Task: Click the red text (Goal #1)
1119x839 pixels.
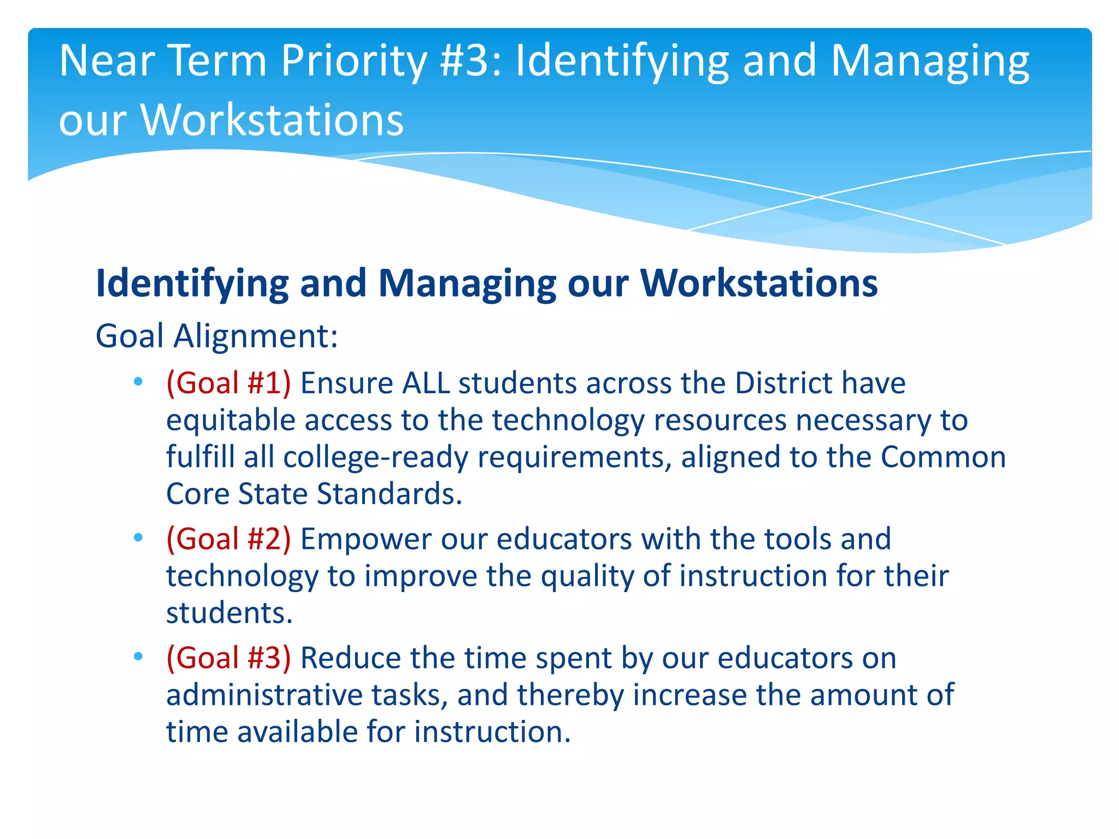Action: pyautogui.click(x=228, y=383)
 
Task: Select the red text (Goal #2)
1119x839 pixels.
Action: pyautogui.click(x=228, y=540)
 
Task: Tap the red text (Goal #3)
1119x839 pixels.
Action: pyautogui.click(x=228, y=658)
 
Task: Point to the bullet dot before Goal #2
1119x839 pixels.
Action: pyautogui.click(x=138, y=537)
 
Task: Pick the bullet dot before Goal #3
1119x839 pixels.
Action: pyautogui.click(x=138, y=656)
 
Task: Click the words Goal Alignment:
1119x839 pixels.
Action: pyautogui.click(x=216, y=336)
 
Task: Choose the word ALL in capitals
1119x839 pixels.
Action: pyautogui.click(x=426, y=383)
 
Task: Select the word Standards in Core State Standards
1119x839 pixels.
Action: pyautogui.click(x=390, y=494)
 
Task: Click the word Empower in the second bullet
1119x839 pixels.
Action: pyautogui.click(x=366, y=540)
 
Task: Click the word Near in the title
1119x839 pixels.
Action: pyautogui.click(x=107, y=61)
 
